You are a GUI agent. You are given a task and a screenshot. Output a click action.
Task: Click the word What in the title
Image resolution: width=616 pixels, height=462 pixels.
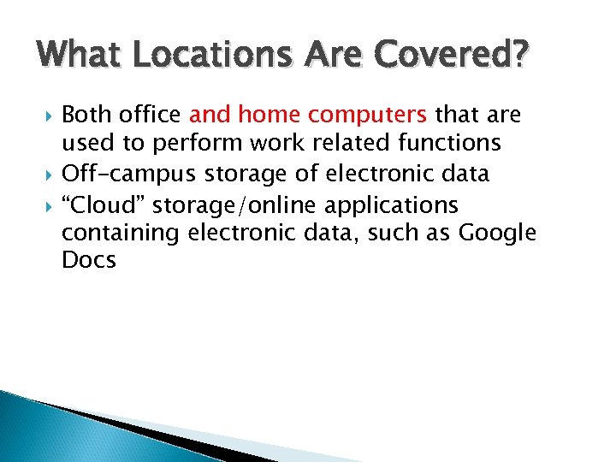point(80,57)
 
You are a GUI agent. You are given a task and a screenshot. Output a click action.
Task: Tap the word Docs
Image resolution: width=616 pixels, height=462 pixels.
point(89,260)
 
